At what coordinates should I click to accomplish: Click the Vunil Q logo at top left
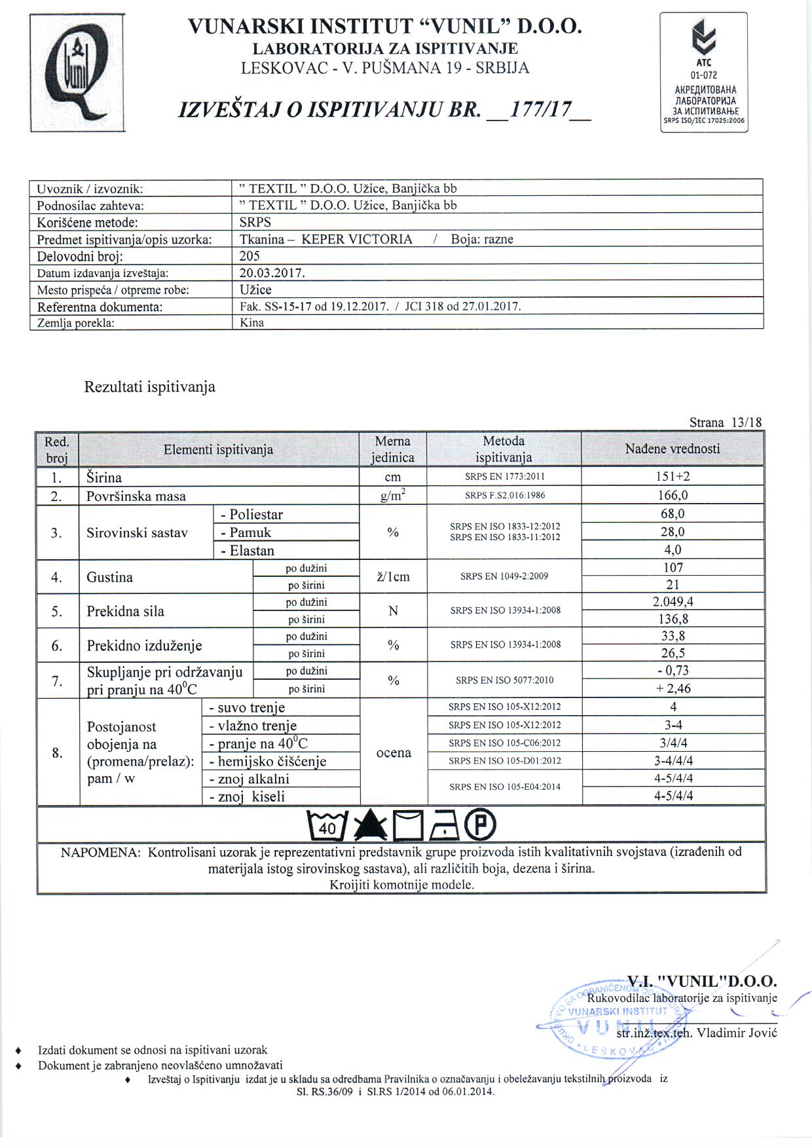point(77,73)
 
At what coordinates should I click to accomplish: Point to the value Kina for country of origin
point(252,322)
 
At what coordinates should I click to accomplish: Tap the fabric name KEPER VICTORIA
point(357,239)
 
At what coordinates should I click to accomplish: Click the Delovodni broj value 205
point(250,256)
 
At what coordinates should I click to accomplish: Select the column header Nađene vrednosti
point(672,449)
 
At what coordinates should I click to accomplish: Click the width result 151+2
point(673,477)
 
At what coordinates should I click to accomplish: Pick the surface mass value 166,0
point(673,496)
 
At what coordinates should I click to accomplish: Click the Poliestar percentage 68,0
point(673,514)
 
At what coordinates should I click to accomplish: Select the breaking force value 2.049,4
point(673,602)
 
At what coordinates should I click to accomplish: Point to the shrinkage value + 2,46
point(673,688)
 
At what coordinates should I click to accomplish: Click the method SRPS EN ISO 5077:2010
point(504,680)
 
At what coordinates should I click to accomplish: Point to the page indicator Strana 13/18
point(726,422)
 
